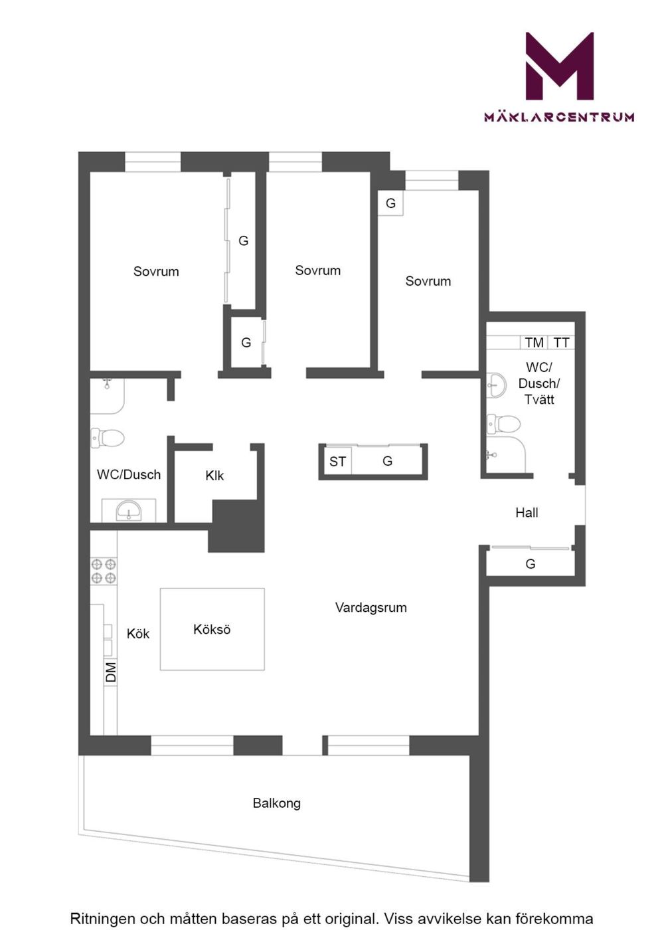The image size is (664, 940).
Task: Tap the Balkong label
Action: click(276, 803)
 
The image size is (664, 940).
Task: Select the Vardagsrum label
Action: click(371, 608)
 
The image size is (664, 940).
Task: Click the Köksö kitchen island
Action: click(212, 629)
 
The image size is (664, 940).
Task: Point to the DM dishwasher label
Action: click(111, 672)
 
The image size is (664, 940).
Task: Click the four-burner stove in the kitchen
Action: click(104, 571)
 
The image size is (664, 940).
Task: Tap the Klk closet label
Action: click(214, 476)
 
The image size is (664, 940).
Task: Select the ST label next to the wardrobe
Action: click(337, 462)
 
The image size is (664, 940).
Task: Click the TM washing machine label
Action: click(535, 343)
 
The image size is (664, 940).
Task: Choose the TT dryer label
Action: click(561, 343)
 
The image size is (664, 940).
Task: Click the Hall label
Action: click(527, 512)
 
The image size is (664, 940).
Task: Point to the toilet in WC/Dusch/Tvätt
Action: click(503, 423)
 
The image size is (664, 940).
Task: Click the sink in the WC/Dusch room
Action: click(129, 511)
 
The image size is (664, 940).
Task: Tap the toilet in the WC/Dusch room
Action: click(108, 438)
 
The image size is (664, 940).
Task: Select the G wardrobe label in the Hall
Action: click(530, 564)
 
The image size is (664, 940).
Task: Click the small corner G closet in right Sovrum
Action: click(390, 203)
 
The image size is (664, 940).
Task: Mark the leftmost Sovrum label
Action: click(156, 272)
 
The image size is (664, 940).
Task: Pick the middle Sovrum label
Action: click(317, 270)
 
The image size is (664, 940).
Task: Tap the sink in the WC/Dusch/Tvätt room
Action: click(498, 385)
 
